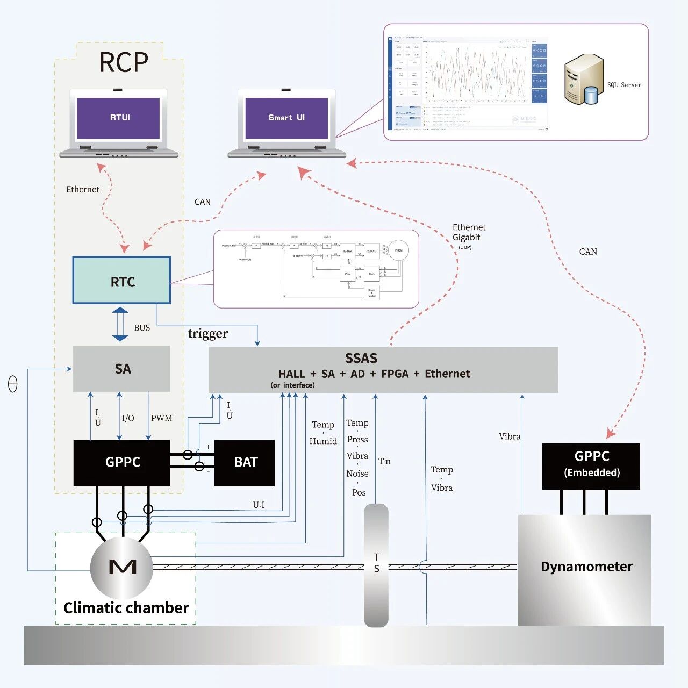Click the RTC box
[x=121, y=281]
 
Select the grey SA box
[x=121, y=369]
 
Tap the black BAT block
[x=245, y=462]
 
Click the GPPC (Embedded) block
[x=591, y=465]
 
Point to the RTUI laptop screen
[x=119, y=118]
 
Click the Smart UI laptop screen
[x=286, y=118]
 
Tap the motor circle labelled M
[x=122, y=567]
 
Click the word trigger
[x=208, y=334]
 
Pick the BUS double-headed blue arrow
[x=120, y=324]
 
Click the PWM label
[x=161, y=418]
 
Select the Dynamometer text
[x=586, y=567]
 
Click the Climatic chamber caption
[x=126, y=608]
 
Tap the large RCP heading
[x=124, y=62]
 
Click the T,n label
[x=384, y=461]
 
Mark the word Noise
[x=357, y=474]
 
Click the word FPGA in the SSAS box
[x=395, y=374]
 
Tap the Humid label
[x=323, y=441]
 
